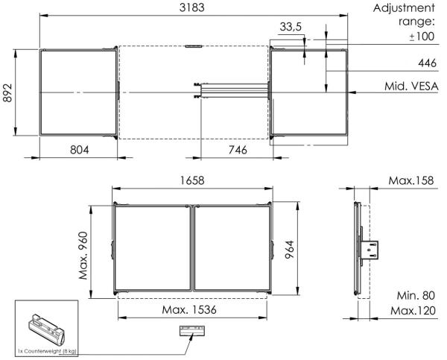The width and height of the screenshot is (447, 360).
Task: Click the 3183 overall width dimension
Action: (x=192, y=7)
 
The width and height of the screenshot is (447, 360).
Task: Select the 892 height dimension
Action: (x=7, y=92)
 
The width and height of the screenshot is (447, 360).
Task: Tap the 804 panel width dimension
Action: (x=79, y=150)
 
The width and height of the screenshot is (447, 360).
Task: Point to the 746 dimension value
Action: (x=238, y=150)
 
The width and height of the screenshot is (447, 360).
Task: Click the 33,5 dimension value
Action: (x=291, y=27)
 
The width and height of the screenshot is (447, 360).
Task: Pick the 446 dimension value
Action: (x=427, y=63)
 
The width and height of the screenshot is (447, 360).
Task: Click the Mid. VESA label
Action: (x=411, y=86)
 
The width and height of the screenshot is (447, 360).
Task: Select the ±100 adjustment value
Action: (x=422, y=37)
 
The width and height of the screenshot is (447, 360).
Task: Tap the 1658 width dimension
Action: (x=192, y=180)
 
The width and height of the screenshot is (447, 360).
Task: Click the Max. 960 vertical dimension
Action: (x=83, y=256)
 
